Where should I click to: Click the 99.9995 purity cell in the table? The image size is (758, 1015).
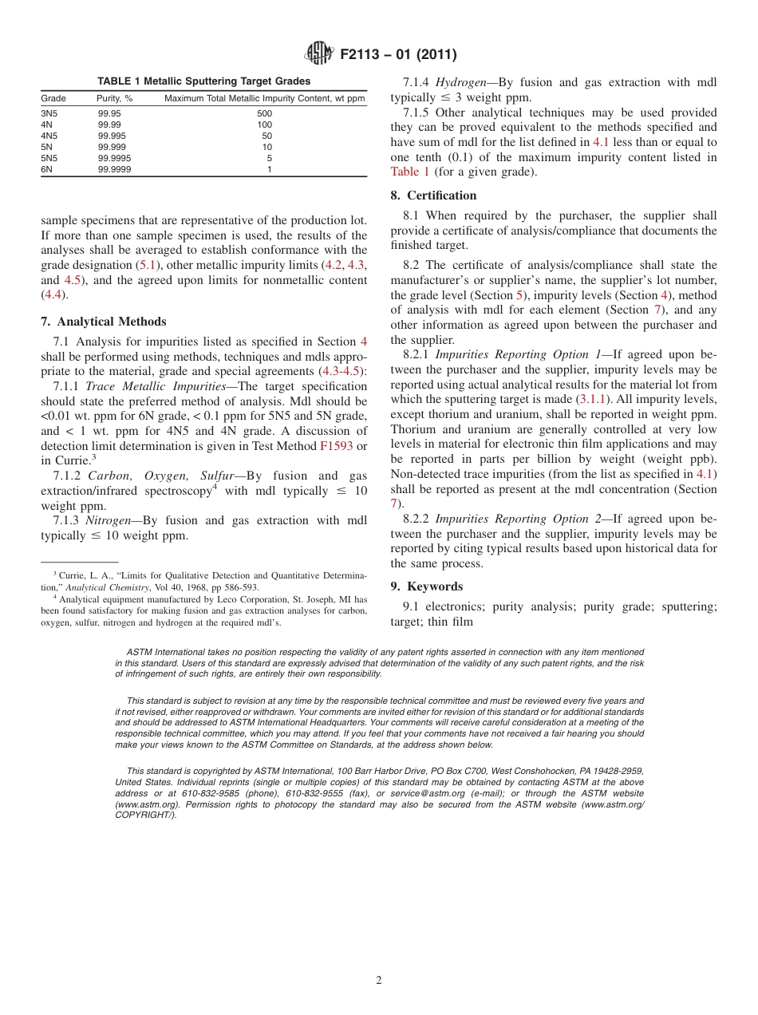coord(114,158)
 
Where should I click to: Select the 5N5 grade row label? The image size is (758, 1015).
coord(48,158)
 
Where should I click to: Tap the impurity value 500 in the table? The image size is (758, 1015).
coord(264,113)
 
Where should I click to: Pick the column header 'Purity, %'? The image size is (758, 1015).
coord(114,98)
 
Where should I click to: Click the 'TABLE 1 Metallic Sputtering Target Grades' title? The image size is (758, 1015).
coord(203,81)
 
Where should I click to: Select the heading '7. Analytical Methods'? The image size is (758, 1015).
coord(104,322)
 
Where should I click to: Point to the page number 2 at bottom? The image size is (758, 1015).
coord(379,981)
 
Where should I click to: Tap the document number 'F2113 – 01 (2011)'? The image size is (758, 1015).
coord(398,55)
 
